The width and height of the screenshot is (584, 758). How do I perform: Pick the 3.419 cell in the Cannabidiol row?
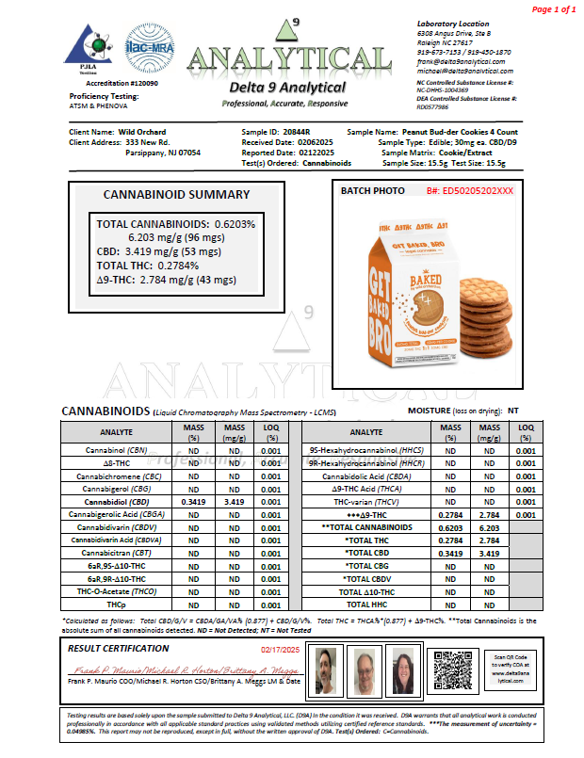coord(232,502)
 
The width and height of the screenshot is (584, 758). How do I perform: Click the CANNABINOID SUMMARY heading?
coord(176,195)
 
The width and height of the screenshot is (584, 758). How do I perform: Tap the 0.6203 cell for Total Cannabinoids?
coord(450,527)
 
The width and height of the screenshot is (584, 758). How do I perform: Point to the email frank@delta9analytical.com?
coord(464,60)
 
